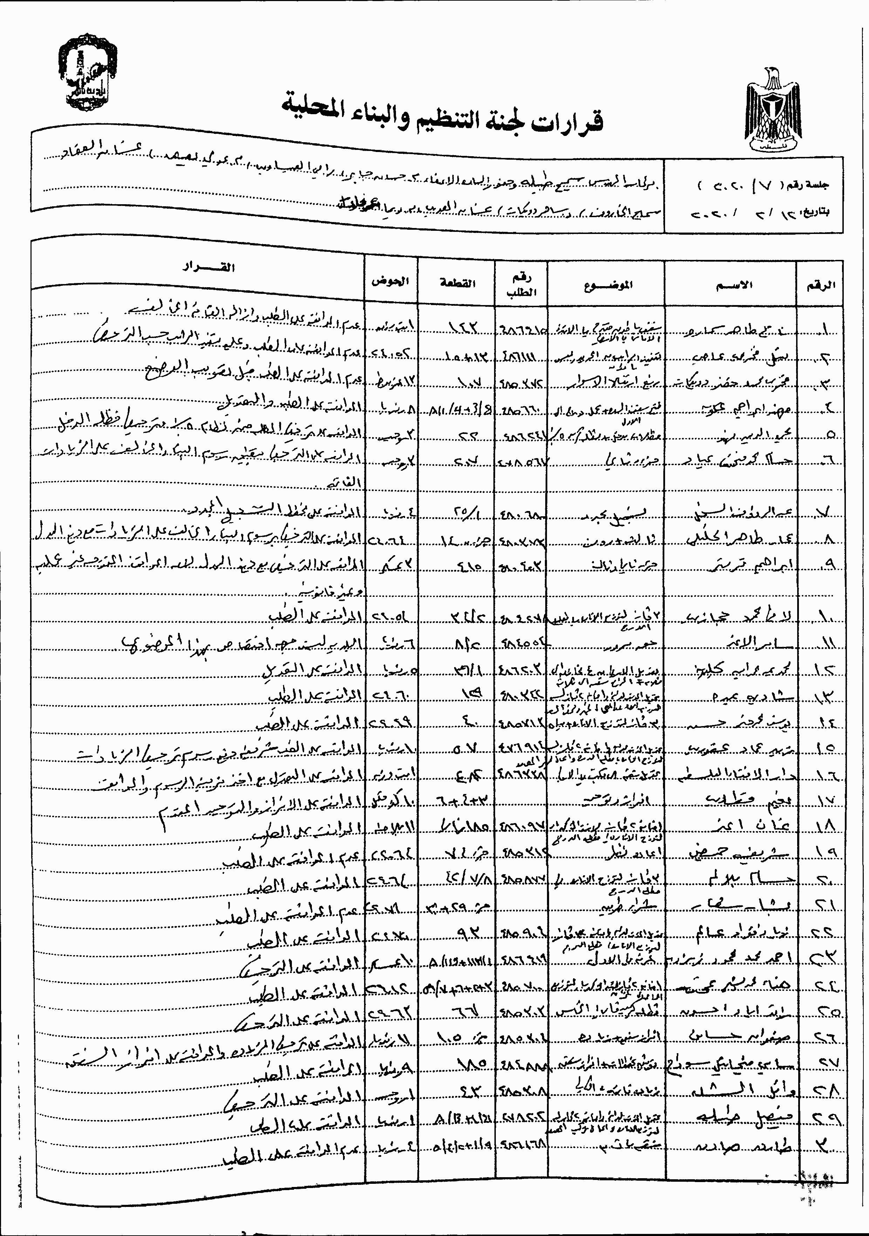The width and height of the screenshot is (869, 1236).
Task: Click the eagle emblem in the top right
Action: click(773, 110)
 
